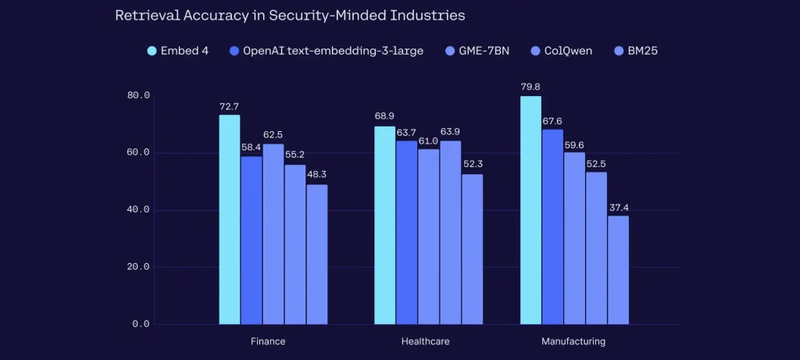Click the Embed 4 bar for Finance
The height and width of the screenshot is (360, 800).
[229, 219]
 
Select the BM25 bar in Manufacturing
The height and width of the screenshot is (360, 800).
[618, 269]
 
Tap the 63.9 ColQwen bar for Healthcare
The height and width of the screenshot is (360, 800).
[451, 232]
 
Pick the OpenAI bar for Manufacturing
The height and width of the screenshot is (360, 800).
[552, 226]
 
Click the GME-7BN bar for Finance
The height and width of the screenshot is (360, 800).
[273, 233]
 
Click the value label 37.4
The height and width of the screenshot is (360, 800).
[618, 207]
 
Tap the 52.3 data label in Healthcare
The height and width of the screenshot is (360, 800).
[472, 166]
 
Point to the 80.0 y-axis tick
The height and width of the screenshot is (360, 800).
[138, 95]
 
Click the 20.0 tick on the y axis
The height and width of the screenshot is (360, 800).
[138, 267]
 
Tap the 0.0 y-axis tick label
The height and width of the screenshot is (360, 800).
[141, 324]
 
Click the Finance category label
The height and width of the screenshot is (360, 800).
[268, 341]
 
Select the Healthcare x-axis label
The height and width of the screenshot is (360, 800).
[425, 341]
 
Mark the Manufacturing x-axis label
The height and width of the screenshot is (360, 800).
[573, 341]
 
